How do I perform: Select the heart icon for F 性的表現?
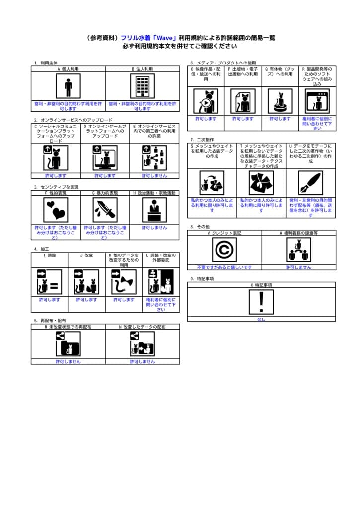coord(56,210)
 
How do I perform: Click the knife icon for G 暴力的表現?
coord(105,210)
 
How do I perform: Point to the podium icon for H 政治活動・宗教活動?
coord(154,210)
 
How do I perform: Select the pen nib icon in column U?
coord(311,184)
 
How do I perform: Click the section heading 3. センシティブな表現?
coord(56,187)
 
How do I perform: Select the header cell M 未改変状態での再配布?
coord(68,327)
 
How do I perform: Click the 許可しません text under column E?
coord(154,175)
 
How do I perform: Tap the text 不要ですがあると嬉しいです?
coord(224,267)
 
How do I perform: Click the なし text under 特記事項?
coord(261,319)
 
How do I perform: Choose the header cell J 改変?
coord(86,255)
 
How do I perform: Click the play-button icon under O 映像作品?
coord(206,101)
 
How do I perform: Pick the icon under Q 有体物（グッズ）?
coord(280,101)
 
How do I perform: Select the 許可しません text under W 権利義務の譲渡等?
coord(298,267)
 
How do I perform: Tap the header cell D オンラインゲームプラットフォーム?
coord(105,131)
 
